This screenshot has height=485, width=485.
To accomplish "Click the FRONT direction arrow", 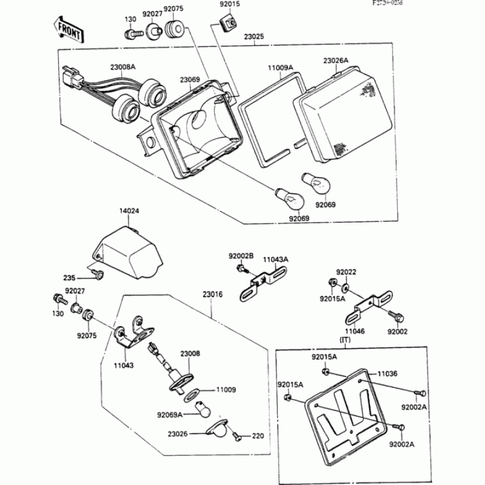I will point(68,28).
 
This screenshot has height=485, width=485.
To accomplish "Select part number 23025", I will point(255,37).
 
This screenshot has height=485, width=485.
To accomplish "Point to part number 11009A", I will point(281,67).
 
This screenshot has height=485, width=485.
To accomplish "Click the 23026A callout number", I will point(335,61).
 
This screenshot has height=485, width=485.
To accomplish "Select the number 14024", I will point(129,212).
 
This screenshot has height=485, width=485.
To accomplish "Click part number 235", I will point(69,278).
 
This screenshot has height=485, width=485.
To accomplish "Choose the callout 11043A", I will point(276,259).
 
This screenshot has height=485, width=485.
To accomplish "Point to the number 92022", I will point(346,273).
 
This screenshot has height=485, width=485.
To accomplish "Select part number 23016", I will point(213,295).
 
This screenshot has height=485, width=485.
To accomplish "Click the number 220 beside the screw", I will point(259,435).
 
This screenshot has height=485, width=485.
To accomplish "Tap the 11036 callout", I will point(387,374).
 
